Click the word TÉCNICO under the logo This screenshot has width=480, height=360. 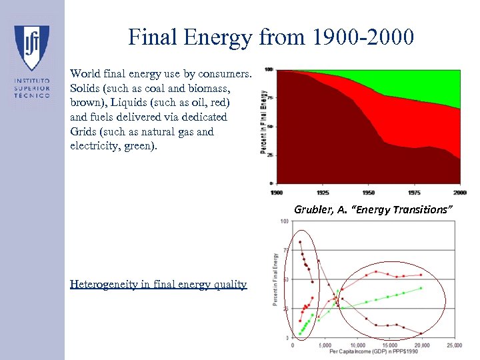pyautogui.click(x=32, y=95)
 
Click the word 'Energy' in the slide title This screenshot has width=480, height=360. pyautogui.click(x=216, y=37)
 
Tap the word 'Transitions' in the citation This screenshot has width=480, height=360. pyautogui.click(x=423, y=210)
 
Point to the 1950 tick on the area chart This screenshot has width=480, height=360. pyautogui.click(x=369, y=193)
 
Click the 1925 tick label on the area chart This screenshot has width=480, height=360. pyautogui.click(x=323, y=193)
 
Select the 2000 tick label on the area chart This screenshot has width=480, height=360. pyautogui.click(x=459, y=193)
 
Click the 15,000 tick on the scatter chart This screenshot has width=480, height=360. pyautogui.click(x=389, y=345)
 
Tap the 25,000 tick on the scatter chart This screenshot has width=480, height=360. pyautogui.click(x=453, y=345)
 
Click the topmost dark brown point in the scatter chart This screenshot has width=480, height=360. pyautogui.click(x=300, y=242)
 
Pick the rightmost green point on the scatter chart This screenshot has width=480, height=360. pyautogui.click(x=421, y=288)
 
